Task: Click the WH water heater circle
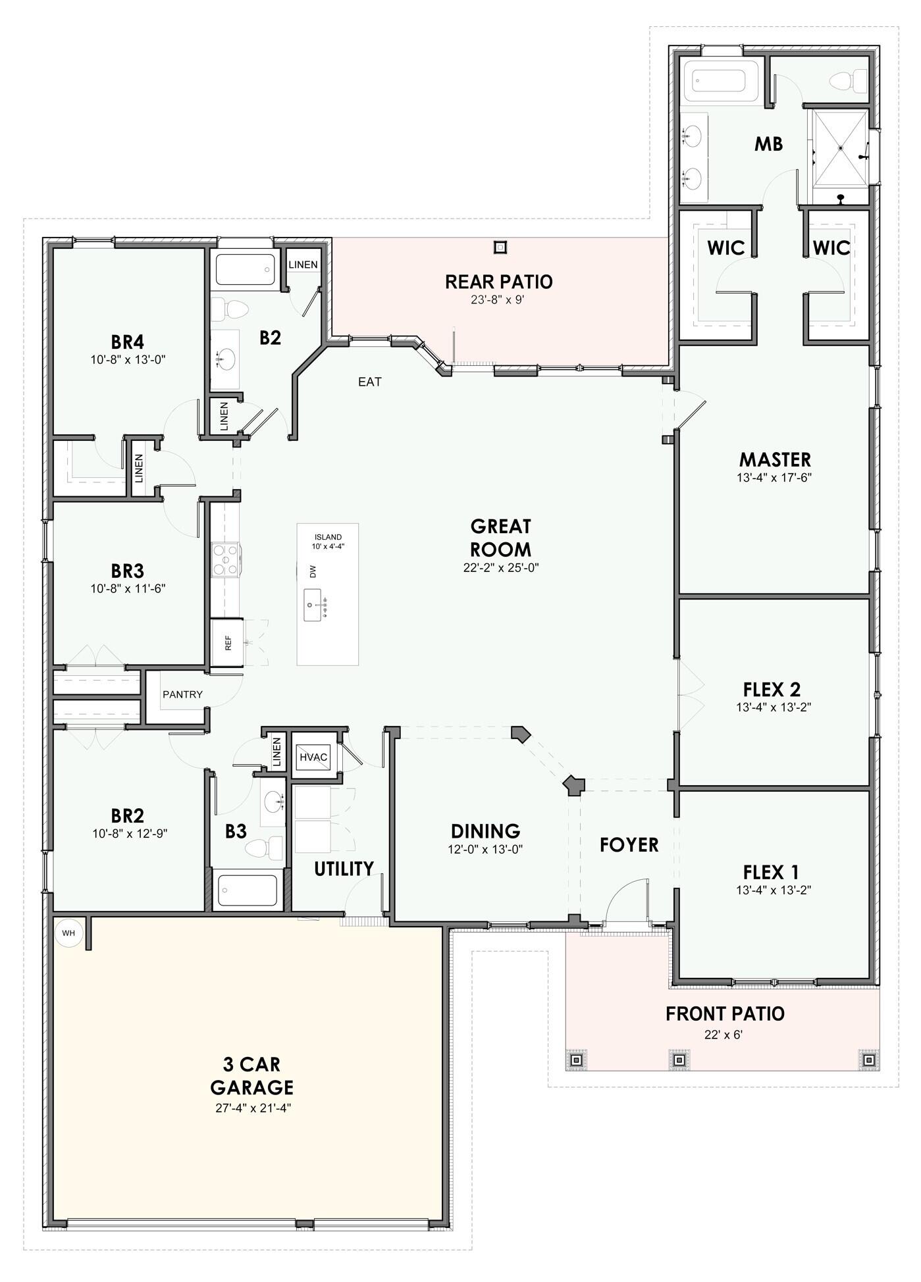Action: [68, 933]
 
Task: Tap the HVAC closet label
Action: [313, 757]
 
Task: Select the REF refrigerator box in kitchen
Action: [227, 643]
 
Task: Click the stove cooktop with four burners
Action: [224, 560]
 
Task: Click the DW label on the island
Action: [313, 571]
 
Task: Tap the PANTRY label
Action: [182, 694]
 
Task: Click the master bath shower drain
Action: [841, 148]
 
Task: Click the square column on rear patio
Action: [501, 247]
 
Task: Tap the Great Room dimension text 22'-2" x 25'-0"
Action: [501, 568]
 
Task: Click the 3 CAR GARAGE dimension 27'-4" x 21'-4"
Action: [253, 1108]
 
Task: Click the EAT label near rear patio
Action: [369, 382]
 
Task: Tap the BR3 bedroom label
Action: [127, 570]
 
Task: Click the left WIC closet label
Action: [725, 248]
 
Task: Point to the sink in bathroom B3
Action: [273, 802]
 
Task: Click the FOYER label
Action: [629, 844]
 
